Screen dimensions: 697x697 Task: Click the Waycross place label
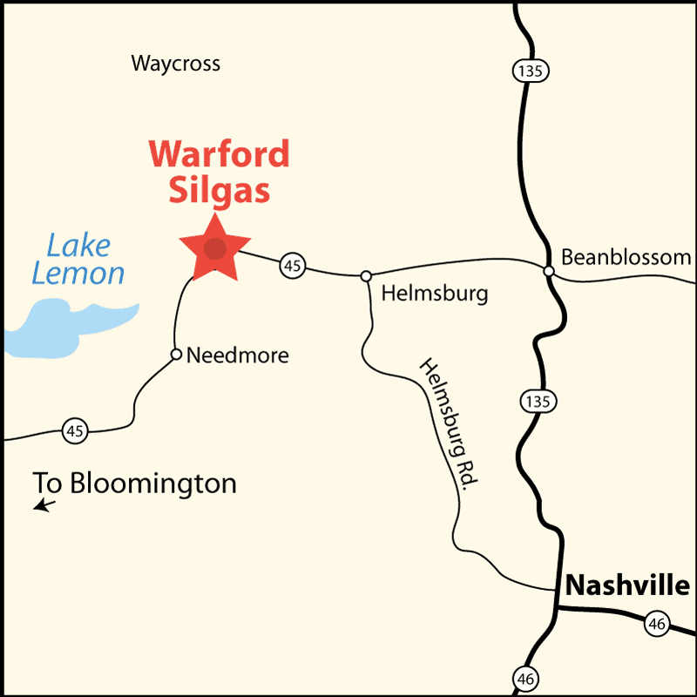(x=175, y=64)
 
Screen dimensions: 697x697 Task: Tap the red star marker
(x=214, y=249)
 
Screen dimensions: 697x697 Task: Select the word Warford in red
(x=219, y=154)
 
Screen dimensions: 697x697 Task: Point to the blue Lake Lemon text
(x=78, y=260)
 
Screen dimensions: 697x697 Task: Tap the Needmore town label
(x=237, y=355)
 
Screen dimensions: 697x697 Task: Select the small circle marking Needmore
(x=176, y=355)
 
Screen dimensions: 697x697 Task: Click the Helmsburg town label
(x=434, y=293)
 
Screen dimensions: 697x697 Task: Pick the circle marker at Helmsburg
(x=366, y=276)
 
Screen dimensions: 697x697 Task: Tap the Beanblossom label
(x=626, y=258)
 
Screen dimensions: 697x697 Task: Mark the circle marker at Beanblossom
(x=549, y=271)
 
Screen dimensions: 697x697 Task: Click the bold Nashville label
(x=627, y=585)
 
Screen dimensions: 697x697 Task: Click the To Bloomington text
(x=135, y=483)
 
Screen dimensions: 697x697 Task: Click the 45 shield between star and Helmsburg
(x=293, y=266)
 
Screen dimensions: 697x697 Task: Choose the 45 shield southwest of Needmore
(x=75, y=430)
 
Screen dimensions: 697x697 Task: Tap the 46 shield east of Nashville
(x=658, y=623)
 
